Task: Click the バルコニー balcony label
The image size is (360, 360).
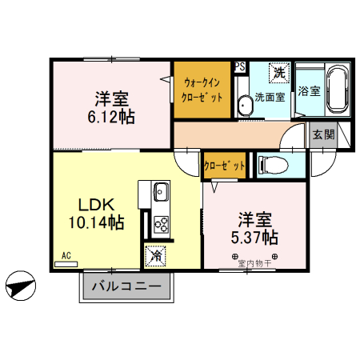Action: [126, 286]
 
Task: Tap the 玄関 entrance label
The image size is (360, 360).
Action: [323, 135]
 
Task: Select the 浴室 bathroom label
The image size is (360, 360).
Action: [309, 90]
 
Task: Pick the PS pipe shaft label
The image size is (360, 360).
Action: [239, 67]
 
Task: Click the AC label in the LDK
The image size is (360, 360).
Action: [66, 257]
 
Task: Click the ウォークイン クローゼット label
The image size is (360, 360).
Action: [203, 89]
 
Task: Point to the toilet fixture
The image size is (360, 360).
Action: [273, 165]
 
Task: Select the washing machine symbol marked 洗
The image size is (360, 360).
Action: [278, 74]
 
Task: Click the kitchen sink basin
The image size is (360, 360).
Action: [158, 192]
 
